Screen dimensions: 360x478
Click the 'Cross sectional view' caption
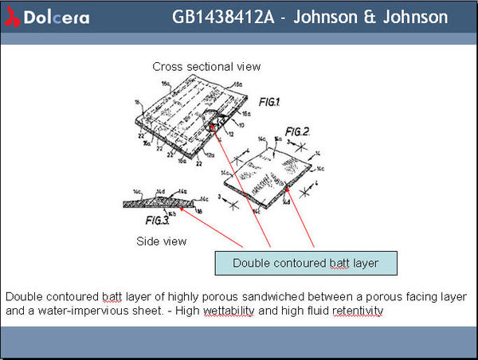(206, 66)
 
